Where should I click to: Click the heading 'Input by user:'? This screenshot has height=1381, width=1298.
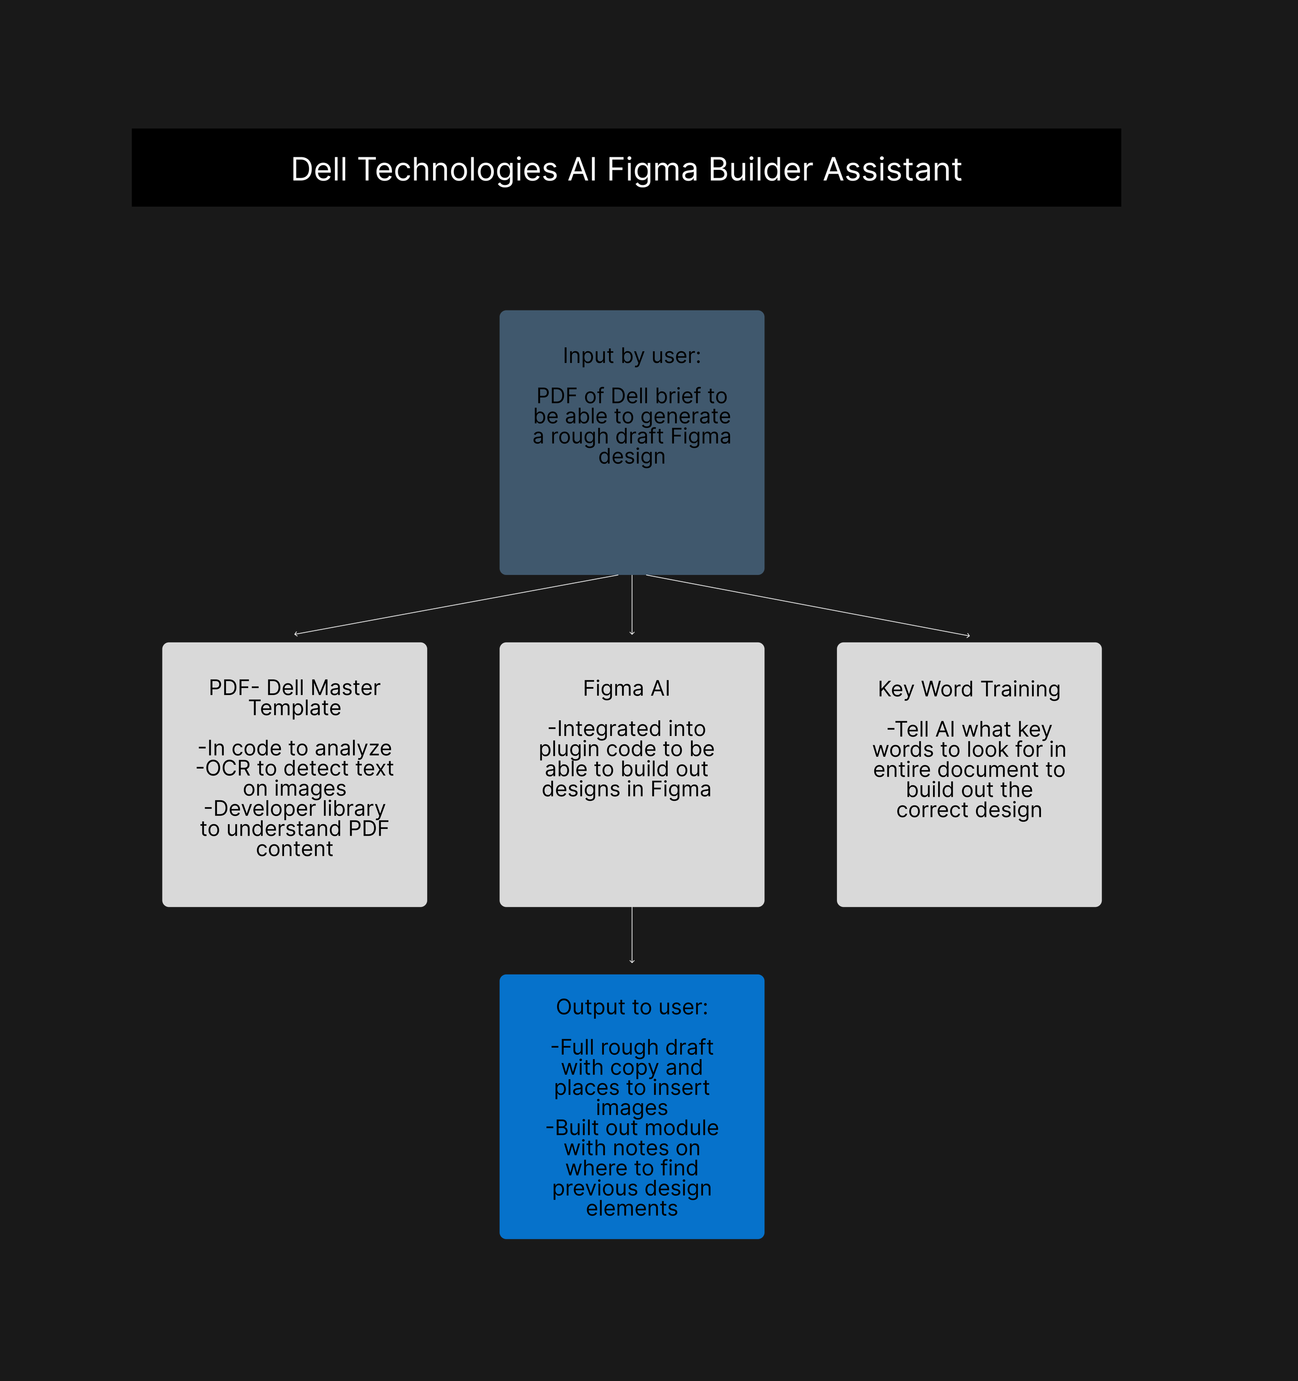tap(632, 356)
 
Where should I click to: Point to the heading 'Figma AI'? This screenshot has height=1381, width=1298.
tap(627, 688)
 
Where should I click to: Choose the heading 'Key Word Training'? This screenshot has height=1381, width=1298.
tap(969, 689)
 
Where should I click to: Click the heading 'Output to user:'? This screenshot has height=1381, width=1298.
tap(632, 1007)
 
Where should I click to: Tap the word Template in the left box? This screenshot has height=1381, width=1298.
tap(294, 708)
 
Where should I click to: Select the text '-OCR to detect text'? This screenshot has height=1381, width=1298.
tap(294, 768)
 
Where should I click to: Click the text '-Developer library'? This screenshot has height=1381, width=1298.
tap(294, 809)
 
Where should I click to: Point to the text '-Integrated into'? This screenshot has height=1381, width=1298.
tap(627, 729)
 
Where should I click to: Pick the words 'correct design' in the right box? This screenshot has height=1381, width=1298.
tap(969, 810)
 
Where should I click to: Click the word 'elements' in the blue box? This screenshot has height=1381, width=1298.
tap(632, 1209)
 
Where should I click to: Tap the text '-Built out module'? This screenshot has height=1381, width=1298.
tap(632, 1128)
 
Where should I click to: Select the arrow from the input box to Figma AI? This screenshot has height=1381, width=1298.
tap(632, 605)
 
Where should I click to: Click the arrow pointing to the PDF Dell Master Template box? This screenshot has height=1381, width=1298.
tap(456, 605)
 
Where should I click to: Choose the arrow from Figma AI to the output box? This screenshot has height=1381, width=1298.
tap(632, 935)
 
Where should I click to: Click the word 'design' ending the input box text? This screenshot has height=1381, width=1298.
tap(632, 457)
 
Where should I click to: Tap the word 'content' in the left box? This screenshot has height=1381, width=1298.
tap(294, 849)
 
